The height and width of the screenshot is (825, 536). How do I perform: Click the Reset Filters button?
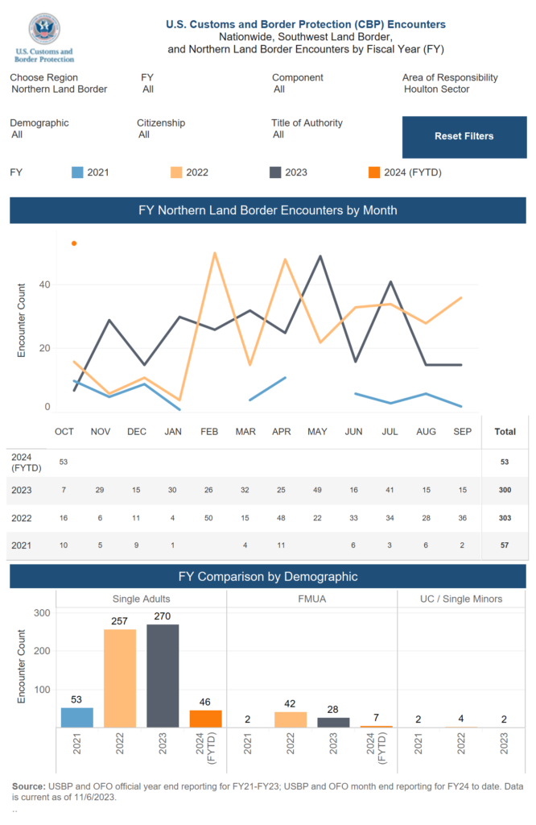coord(464,136)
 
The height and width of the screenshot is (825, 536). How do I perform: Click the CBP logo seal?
coord(44,29)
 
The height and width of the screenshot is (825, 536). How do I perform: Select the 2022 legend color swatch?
coord(177,172)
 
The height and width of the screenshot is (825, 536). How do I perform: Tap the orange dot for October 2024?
coord(74,243)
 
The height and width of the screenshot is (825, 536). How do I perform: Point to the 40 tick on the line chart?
coord(45,284)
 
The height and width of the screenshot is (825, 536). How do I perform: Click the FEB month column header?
coord(208,432)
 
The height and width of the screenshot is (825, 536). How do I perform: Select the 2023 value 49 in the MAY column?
coord(317,490)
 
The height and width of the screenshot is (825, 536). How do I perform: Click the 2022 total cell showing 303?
coord(505,519)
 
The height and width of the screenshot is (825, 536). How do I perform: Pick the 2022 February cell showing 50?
coord(208,519)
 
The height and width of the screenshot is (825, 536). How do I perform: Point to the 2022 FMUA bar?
coord(290,719)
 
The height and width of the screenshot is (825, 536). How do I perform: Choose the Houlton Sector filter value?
coord(436,89)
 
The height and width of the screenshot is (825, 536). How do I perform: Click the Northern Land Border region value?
coord(60,89)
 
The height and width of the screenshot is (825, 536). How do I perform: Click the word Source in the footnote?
coord(28,786)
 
